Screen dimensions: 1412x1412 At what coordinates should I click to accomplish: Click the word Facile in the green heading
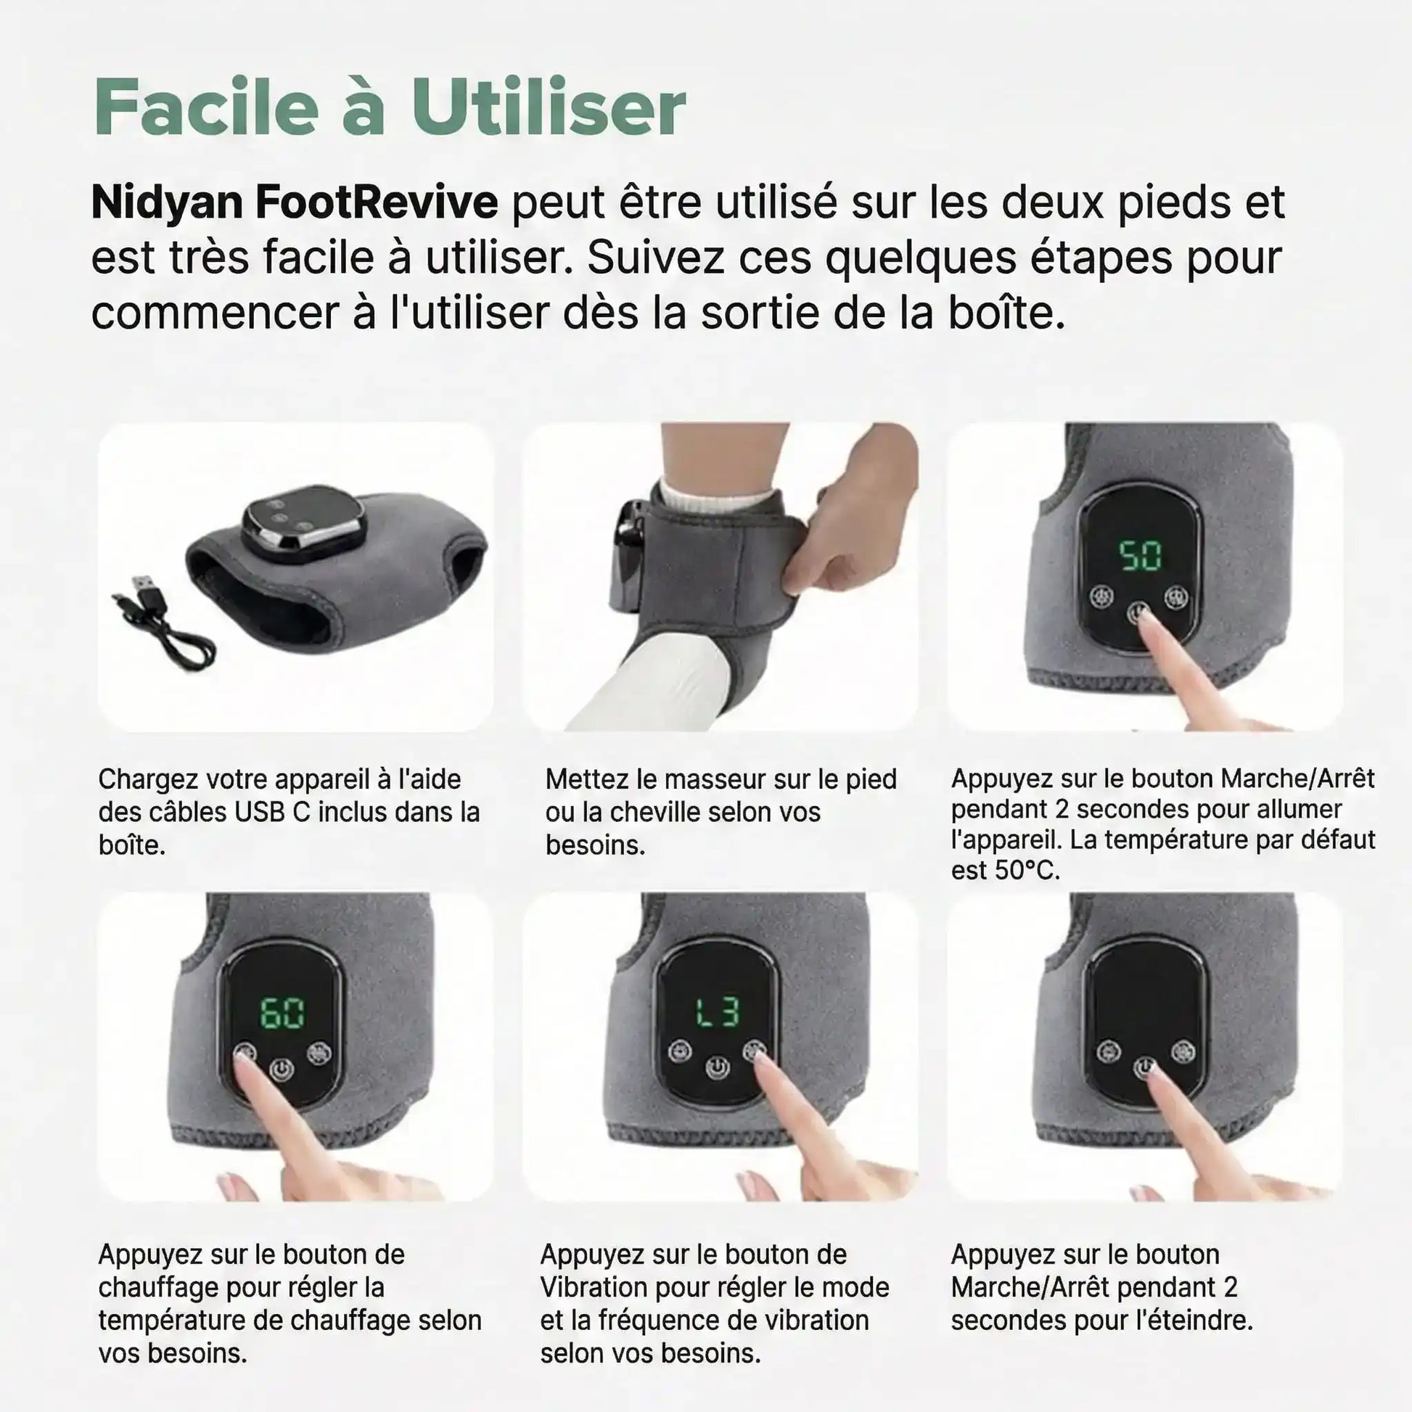coord(207,107)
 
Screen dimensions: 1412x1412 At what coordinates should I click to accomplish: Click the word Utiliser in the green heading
coord(548,107)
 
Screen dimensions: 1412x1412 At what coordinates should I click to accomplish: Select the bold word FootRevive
coord(377,202)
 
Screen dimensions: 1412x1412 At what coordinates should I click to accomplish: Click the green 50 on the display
coord(1141,556)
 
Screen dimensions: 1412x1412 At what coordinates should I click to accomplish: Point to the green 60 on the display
coord(283,1013)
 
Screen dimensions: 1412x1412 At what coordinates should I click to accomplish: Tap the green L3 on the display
coord(718,1011)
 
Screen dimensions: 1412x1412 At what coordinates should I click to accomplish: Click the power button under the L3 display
coord(718,1070)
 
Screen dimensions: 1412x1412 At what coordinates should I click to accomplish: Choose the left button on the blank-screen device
coord(1109,1051)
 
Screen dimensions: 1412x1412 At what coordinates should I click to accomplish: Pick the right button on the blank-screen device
coord(1183,1051)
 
